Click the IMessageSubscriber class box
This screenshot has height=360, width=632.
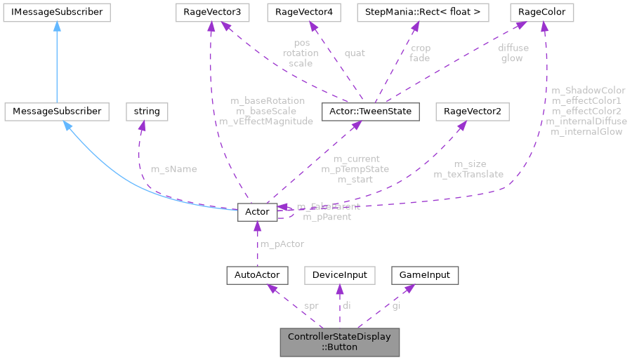pos(54,12)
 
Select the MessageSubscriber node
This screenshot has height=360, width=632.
pos(56,111)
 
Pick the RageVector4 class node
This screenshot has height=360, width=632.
pos(304,12)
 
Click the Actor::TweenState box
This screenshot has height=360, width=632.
pos(369,111)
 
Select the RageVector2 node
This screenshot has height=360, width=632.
pos(472,111)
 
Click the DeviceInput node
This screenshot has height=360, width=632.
pos(340,274)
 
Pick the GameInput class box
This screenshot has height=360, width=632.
pos(424,274)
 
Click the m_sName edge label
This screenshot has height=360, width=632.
pos(173,169)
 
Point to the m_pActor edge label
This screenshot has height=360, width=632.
pos(282,244)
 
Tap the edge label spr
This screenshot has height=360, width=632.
pos(310,305)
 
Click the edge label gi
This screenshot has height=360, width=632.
pos(397,305)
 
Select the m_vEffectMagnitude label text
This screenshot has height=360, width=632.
pos(266,121)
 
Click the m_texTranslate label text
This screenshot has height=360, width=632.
pos(468,173)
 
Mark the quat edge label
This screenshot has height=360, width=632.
pos(354,52)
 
